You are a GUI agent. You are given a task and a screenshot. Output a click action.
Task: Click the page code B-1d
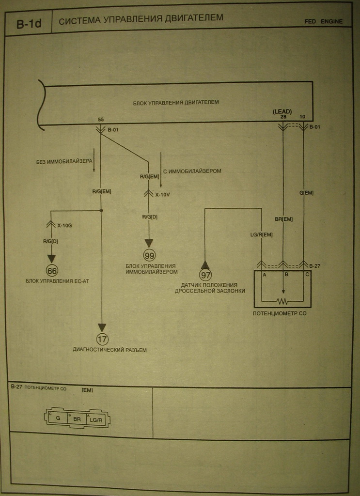29,24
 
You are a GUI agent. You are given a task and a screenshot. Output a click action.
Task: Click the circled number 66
52,270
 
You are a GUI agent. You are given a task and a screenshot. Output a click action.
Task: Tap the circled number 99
149,255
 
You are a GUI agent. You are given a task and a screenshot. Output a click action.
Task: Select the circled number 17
102,339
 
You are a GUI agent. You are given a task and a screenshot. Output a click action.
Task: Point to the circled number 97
205,275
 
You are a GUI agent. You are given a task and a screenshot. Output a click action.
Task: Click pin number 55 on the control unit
101,119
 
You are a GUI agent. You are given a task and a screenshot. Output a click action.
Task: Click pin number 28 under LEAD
283,117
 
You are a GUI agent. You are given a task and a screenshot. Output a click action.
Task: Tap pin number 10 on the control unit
303,117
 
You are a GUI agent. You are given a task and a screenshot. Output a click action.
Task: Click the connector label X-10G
65,225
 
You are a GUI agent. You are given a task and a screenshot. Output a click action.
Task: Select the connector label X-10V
163,194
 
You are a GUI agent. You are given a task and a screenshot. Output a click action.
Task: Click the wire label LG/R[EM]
261,235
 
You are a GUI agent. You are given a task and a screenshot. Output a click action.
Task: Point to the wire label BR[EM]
283,219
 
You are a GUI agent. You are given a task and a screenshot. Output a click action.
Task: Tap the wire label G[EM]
306,193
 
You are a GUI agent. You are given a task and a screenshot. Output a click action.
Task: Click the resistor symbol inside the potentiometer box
283,301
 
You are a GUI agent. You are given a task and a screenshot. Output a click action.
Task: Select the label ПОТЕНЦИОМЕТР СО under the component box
280,313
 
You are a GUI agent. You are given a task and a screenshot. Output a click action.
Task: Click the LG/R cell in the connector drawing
95,419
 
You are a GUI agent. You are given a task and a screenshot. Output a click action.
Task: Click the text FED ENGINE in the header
323,21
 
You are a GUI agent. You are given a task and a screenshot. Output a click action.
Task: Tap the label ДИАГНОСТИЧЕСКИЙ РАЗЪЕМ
110,350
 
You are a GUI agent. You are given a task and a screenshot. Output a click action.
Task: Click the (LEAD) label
282,111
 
